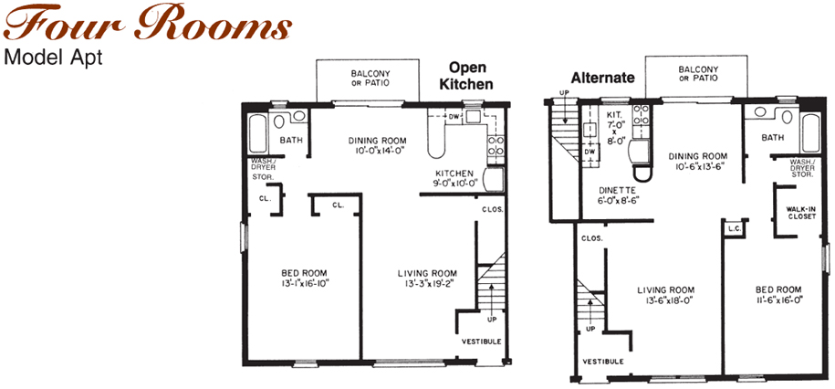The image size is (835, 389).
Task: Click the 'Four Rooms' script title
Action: point(147,25)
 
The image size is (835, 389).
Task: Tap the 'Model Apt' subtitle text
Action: point(52,58)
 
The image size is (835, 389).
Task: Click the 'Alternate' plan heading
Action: point(603,78)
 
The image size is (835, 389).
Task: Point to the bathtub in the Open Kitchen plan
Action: point(257,133)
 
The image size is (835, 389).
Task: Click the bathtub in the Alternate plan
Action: point(811,132)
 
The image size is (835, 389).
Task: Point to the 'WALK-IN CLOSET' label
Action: point(801,213)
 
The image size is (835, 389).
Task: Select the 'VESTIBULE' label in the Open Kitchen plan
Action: point(481,342)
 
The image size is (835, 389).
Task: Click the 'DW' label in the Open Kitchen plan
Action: point(454,117)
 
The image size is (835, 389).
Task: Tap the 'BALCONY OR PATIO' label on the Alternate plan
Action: point(698,74)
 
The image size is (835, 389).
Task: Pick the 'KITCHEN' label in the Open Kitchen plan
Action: point(454,173)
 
